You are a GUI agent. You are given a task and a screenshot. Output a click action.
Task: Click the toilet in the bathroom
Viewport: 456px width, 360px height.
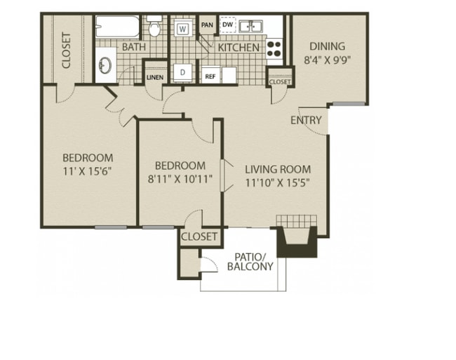tap(154, 26)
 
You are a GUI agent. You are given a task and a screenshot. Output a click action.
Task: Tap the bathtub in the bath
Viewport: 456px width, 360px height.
tap(117, 27)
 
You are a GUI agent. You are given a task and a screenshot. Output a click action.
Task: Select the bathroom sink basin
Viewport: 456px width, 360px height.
tap(105, 65)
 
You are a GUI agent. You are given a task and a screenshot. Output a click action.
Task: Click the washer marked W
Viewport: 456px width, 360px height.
tap(182, 29)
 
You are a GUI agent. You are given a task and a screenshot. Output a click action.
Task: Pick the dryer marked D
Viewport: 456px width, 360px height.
tap(182, 72)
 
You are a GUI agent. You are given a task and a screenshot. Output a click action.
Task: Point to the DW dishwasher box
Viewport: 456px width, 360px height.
tap(228, 25)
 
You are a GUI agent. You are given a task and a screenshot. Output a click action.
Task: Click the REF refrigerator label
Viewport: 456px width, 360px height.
tap(210, 76)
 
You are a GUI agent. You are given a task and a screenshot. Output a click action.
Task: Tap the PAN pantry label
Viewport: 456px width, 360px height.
tap(207, 25)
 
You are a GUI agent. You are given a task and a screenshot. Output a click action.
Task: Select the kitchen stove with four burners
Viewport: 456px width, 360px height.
tap(274, 49)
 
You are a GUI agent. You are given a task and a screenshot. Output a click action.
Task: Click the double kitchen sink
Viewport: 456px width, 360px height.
tap(250, 26)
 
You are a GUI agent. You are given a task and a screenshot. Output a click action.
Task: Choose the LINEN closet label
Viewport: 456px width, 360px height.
tap(155, 77)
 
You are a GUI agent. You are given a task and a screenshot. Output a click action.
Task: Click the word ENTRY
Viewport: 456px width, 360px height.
tap(306, 120)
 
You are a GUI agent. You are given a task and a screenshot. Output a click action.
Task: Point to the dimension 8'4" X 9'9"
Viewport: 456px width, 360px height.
tap(328, 60)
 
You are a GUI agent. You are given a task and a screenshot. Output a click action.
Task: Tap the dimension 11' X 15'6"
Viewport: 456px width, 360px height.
tap(88, 171)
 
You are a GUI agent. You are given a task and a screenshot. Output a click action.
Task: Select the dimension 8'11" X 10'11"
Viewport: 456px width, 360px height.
tap(180, 179)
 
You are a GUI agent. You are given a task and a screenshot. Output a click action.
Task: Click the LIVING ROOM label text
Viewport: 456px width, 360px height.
tap(278, 169)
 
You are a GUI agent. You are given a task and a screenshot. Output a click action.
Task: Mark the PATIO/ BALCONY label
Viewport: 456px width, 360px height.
tap(250, 262)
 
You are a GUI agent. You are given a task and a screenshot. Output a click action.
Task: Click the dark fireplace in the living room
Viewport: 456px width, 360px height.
tap(297, 242)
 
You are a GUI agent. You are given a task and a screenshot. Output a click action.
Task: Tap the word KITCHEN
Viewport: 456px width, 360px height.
tap(239, 48)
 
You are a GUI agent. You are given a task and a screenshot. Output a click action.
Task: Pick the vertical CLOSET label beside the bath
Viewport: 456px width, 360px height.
tap(67, 51)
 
